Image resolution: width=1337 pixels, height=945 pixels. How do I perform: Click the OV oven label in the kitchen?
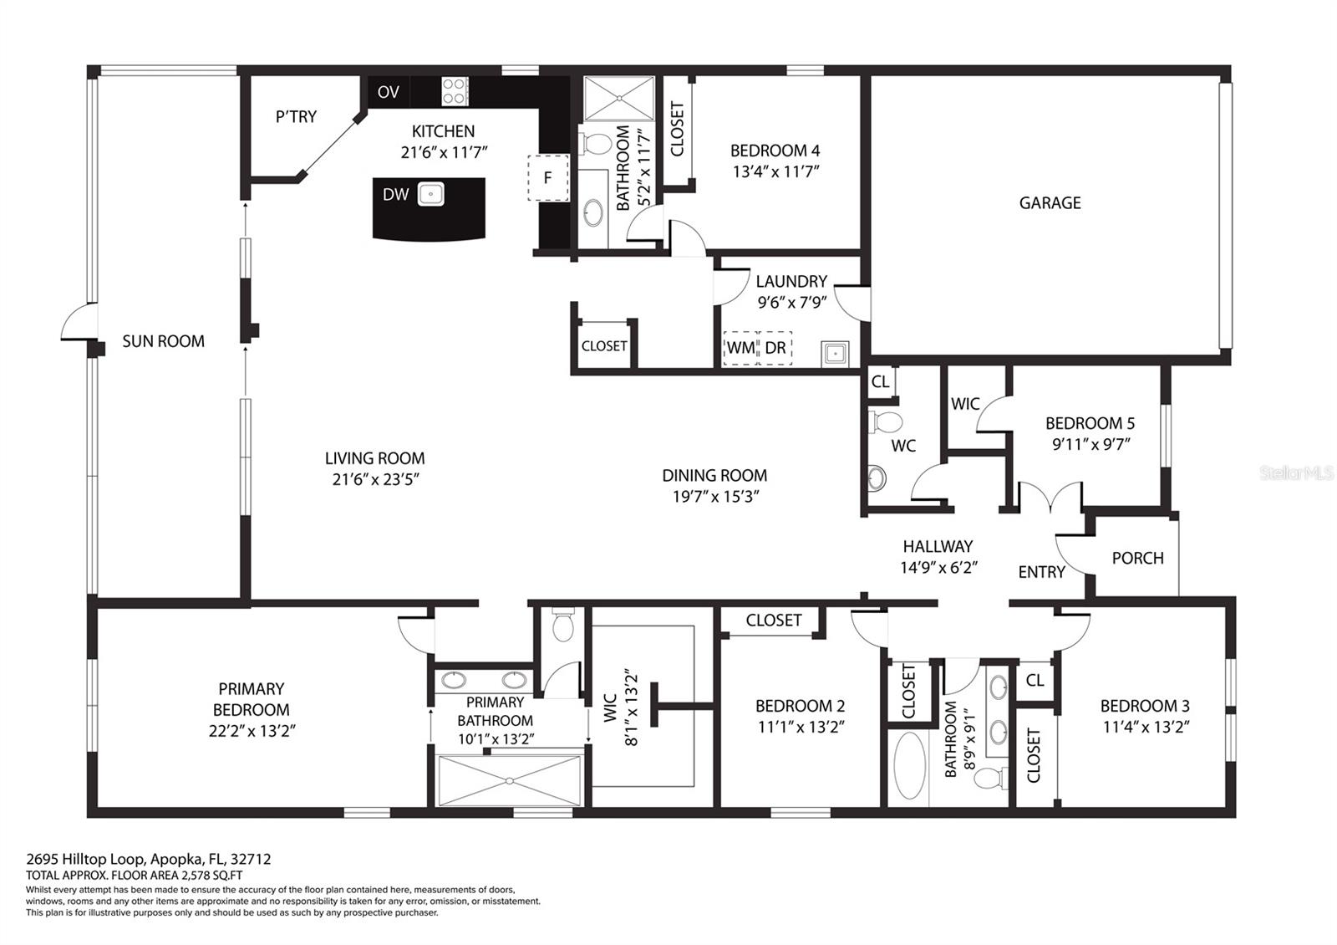pos(388,92)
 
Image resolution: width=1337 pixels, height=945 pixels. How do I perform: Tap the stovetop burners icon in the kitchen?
pos(455,91)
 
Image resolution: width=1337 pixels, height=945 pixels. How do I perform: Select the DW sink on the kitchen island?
pos(430,195)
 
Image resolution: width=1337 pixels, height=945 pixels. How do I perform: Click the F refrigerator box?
pos(548,177)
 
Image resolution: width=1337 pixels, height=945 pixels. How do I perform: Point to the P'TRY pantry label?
pos(296,117)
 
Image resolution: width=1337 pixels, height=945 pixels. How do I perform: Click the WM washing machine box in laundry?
pos(740,348)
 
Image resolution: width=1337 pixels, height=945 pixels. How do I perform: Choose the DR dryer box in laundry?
pos(775,348)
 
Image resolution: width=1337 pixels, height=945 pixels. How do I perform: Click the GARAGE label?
pos(1050,202)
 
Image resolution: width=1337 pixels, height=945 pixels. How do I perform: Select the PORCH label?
pos(1137,558)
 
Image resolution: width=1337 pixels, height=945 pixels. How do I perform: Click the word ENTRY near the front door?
pos(1041,572)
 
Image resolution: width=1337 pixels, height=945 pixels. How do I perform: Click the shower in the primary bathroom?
pos(510,780)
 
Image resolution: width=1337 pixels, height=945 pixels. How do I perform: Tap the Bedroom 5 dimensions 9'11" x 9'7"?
pos(1090,444)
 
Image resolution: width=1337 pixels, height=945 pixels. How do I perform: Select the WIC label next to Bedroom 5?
pos(965,404)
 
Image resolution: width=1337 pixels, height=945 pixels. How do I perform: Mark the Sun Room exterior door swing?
pos(79,323)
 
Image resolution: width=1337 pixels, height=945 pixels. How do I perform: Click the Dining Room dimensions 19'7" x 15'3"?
pos(715,496)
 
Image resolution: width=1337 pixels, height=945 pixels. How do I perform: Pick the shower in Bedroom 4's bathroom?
pos(619,98)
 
